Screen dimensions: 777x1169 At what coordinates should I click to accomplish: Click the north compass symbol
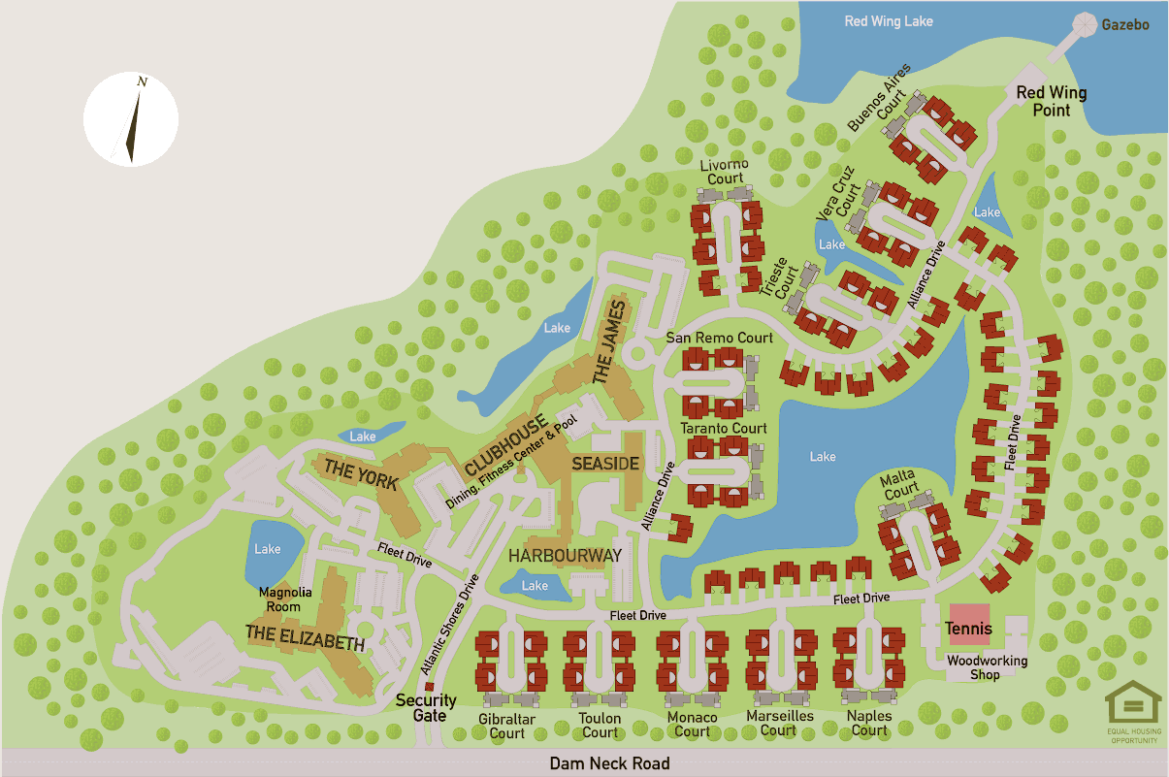click(x=131, y=118)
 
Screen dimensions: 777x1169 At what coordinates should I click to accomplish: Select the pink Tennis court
click(x=969, y=623)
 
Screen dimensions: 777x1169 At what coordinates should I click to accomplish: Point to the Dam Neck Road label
click(x=609, y=763)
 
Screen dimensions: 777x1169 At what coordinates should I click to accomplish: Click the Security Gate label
click(x=426, y=708)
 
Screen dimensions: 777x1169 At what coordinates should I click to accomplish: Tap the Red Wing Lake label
click(x=888, y=20)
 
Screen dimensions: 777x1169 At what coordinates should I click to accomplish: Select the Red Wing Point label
click(x=1051, y=101)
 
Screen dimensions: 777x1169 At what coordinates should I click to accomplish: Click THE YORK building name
click(x=361, y=473)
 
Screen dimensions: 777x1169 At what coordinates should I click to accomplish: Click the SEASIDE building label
click(x=605, y=464)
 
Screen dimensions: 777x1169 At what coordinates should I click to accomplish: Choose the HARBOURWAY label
click(x=565, y=556)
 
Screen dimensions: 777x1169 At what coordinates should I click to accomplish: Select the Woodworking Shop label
click(x=987, y=667)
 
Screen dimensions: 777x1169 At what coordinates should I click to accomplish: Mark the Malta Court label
click(x=900, y=486)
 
